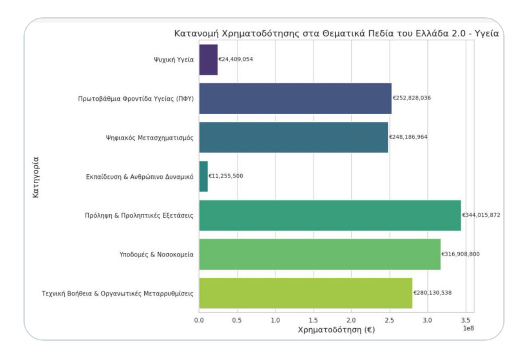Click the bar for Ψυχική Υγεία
click(x=208, y=59)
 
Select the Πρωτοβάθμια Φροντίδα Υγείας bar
click(x=295, y=98)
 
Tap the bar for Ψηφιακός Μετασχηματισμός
click(x=293, y=137)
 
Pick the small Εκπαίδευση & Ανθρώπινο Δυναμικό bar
click(x=204, y=176)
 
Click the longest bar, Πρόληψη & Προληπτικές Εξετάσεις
click(x=330, y=215)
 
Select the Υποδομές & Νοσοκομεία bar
click(x=320, y=254)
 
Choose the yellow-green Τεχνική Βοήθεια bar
click(x=306, y=293)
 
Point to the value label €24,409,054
click(x=236, y=59)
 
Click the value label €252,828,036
click(x=412, y=98)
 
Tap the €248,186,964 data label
click(x=408, y=137)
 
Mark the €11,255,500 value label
click(x=226, y=176)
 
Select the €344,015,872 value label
click(x=481, y=215)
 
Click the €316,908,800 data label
click(x=460, y=254)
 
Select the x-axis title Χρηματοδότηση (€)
click(x=336, y=330)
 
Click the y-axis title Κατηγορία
click(x=36, y=176)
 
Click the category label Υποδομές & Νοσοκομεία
click(x=154, y=254)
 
